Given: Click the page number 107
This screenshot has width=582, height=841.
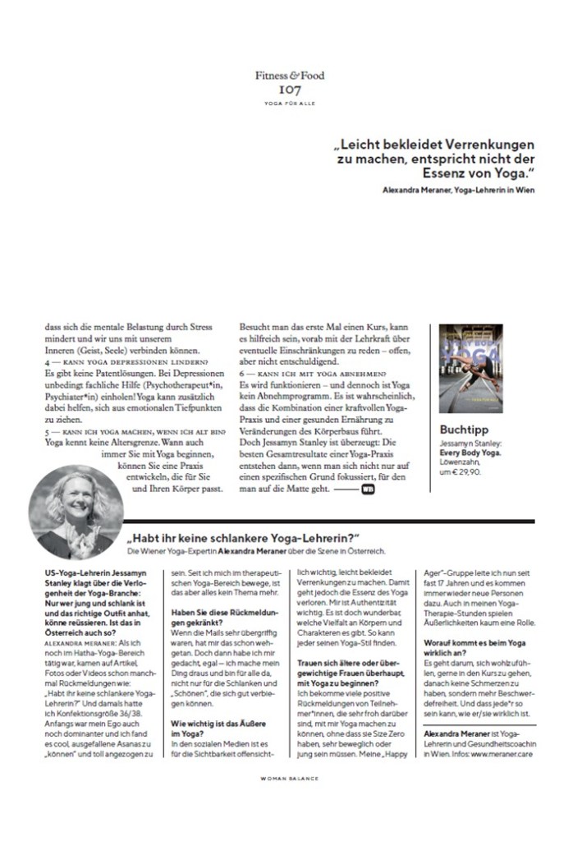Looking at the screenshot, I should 290,90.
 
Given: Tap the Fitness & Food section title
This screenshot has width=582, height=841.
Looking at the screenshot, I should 290,76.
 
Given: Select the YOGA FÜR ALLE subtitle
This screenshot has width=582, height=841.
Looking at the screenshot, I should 290,103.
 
